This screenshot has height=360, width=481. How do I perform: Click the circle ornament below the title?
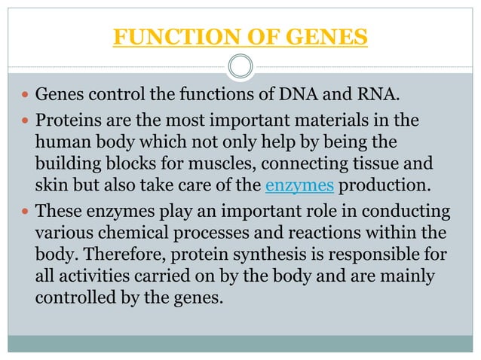click(x=240, y=66)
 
